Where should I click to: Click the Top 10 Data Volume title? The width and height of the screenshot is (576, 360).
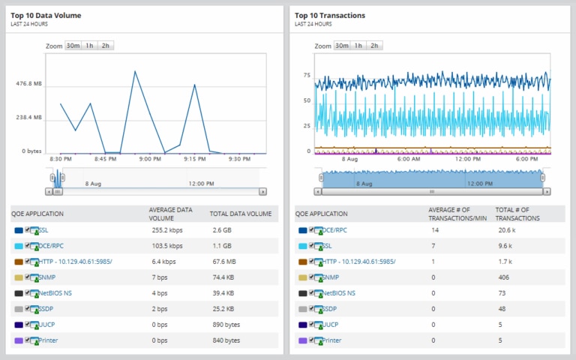pyautogui.click(x=46, y=15)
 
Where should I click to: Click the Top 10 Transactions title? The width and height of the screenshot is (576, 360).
pyautogui.click(x=330, y=15)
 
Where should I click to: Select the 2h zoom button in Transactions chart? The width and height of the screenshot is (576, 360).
pyautogui.click(x=374, y=46)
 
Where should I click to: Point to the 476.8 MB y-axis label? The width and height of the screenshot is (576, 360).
pyautogui.click(x=29, y=84)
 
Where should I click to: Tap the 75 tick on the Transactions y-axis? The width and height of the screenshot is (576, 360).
pyautogui.click(x=307, y=76)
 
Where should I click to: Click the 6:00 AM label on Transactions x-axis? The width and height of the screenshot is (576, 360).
pyautogui.click(x=408, y=158)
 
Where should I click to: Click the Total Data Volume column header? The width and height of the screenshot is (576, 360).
pyautogui.click(x=240, y=214)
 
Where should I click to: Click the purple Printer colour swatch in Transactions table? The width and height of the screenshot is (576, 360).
pyautogui.click(x=302, y=340)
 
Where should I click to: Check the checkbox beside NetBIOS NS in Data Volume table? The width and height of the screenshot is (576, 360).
pyautogui.click(x=28, y=292)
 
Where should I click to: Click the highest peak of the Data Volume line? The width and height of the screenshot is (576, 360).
pyautogui.click(x=135, y=72)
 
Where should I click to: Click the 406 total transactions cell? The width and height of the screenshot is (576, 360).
pyautogui.click(x=504, y=277)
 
